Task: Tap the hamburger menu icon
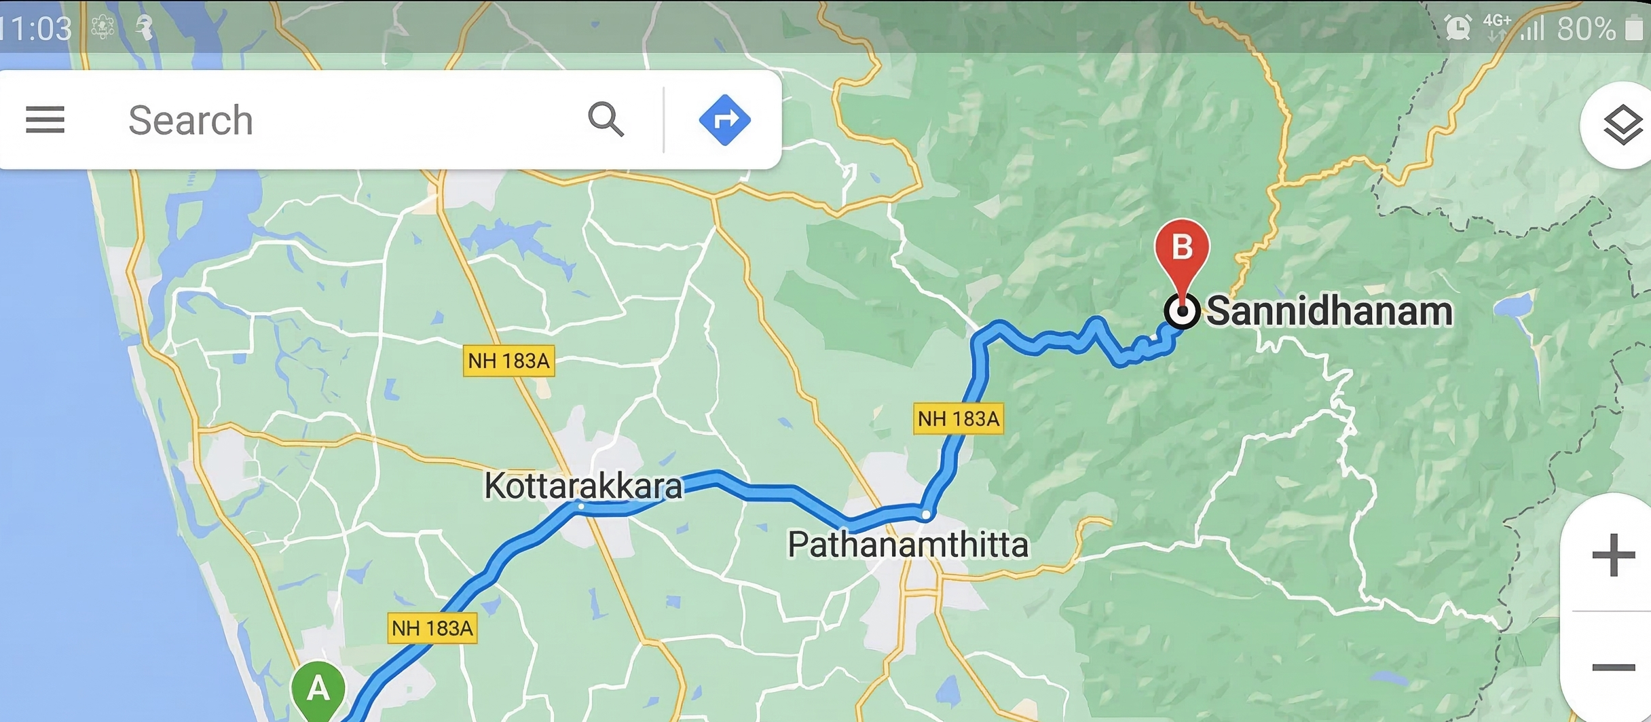[45, 120]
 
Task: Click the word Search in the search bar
[190, 120]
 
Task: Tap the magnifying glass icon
[605, 120]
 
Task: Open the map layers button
[1622, 125]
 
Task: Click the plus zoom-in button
[1613, 555]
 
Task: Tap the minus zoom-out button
[1613, 667]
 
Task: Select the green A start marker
[318, 689]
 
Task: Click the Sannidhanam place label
[1329, 312]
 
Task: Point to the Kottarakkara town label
[582, 486]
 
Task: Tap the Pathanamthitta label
[908, 545]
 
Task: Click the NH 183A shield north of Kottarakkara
[508, 361]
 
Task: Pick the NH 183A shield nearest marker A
[432, 628]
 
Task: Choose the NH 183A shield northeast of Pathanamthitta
[958, 418]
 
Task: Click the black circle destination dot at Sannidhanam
[1182, 312]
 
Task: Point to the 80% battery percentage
[1586, 29]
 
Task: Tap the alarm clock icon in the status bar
[1457, 27]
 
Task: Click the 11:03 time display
[37, 29]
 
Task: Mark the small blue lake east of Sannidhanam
[1513, 307]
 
